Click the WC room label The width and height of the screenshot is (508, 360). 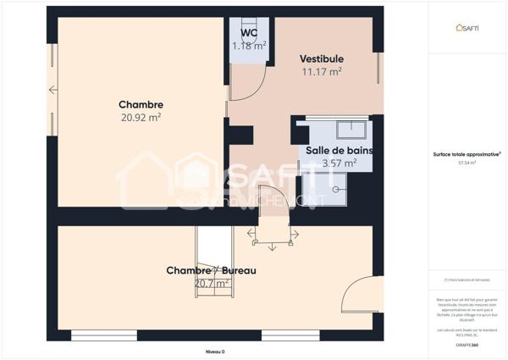[249, 33]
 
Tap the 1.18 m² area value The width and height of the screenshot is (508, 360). [249, 45]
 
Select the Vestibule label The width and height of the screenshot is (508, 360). [321, 58]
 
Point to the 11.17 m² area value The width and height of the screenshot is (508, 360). [321, 72]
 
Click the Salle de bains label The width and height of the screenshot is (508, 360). [339, 150]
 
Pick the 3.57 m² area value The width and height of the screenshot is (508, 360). [339, 163]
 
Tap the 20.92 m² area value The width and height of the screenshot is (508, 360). [141, 119]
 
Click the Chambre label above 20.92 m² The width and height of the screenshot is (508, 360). [141, 105]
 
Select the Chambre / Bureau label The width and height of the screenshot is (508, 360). [211, 270]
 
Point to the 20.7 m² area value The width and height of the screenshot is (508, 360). [211, 284]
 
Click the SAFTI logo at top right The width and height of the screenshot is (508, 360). [467, 28]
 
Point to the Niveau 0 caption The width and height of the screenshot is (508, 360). [216, 351]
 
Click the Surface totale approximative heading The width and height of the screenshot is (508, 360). [467, 154]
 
